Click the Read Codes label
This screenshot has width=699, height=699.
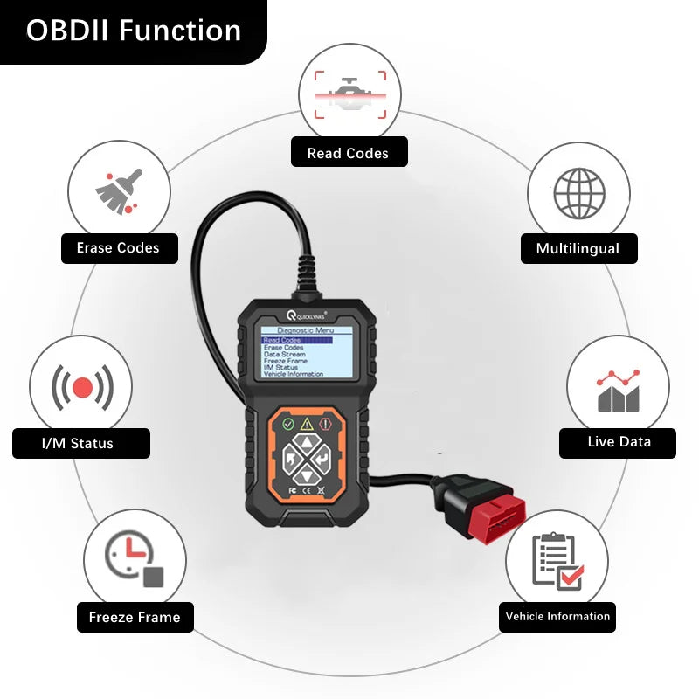(348, 153)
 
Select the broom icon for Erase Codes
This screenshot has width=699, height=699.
(118, 192)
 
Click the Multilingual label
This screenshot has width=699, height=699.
(578, 248)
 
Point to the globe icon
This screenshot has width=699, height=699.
(579, 192)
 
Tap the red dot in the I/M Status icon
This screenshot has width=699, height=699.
(83, 387)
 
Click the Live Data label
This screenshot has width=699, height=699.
(619, 441)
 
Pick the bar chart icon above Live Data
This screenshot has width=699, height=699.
(618, 391)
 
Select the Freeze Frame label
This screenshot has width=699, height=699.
(135, 617)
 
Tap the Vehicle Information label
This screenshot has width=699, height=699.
(557, 616)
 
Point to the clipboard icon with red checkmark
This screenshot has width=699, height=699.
(557, 562)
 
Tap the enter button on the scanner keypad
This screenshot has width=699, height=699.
(322, 459)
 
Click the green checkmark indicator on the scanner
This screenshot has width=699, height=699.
(288, 425)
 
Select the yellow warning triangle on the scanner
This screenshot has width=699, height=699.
(307, 425)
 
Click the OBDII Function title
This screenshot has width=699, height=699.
(133, 31)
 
